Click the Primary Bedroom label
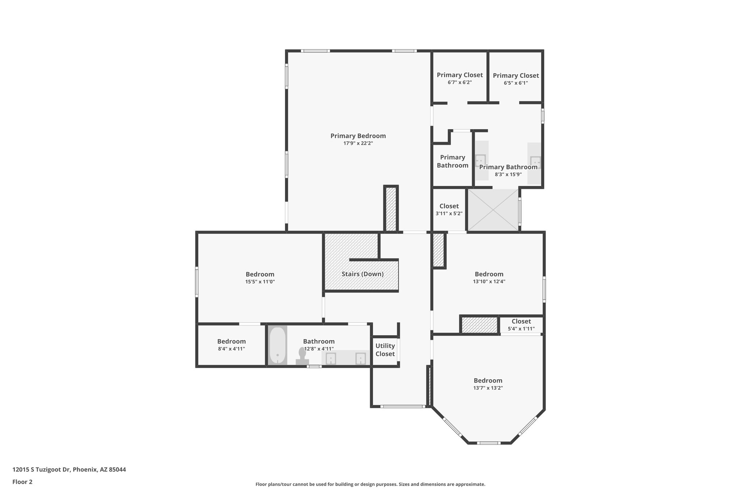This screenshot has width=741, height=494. coord(358,136)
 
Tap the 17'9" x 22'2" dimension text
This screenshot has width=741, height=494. coord(358,143)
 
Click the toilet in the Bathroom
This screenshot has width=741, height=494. coord(302,356)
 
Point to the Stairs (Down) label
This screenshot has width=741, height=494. coord(363,274)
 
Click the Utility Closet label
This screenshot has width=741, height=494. coord(385,350)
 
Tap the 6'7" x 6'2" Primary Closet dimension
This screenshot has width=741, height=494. coord(460,83)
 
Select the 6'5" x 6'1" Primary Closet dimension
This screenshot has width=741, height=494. coord(516,83)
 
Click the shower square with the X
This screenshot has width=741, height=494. coord(493,210)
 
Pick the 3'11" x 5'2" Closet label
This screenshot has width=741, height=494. coord(449,210)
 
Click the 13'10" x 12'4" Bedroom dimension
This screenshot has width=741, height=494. coord(489,282)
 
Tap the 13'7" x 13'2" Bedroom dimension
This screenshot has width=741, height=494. coord(488,388)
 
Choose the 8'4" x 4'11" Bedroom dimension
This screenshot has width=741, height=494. coord(231,349)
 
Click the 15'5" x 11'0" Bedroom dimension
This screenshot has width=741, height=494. coord(260,282)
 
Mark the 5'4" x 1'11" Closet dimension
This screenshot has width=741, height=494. coord(521,329)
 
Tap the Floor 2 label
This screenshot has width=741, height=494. coord(22,482)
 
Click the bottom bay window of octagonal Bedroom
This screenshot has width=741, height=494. coord(488,443)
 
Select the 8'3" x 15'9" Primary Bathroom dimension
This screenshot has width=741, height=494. coord(508,174)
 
